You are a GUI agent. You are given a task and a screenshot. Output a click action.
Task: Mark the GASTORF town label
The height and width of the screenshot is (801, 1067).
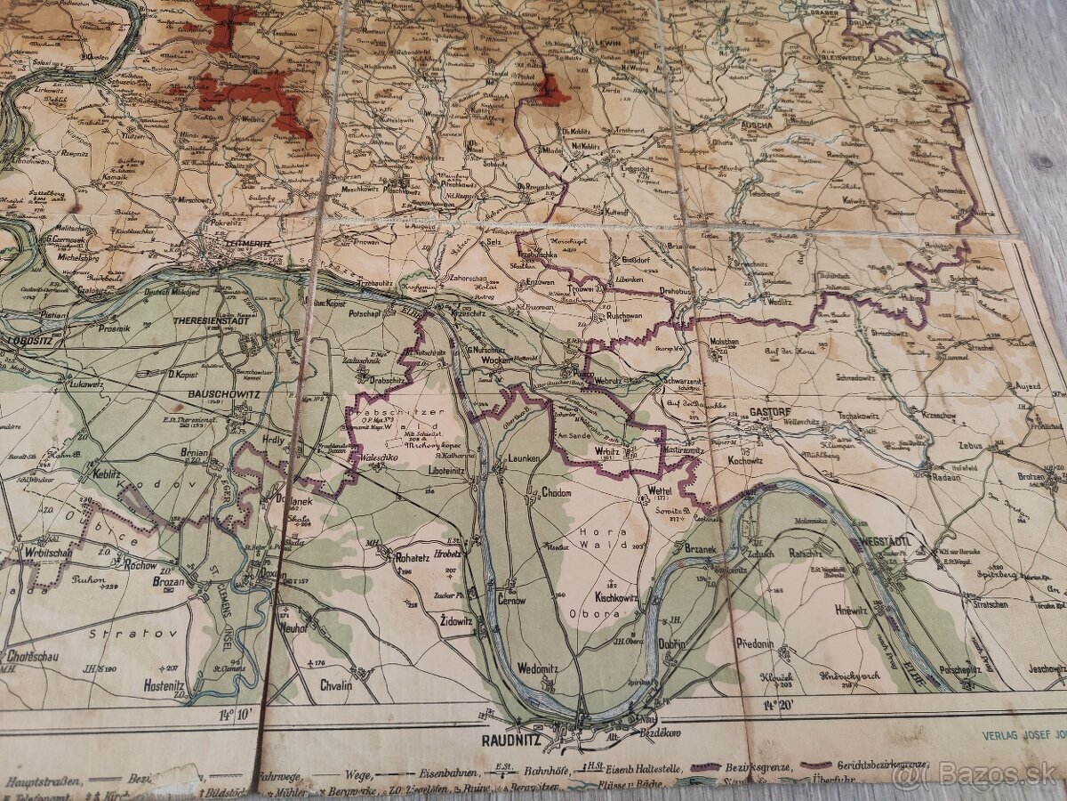pyautogui.click(x=770, y=412)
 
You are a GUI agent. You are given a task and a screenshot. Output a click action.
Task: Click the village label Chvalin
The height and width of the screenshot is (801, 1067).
pyautogui.click(x=336, y=685)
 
